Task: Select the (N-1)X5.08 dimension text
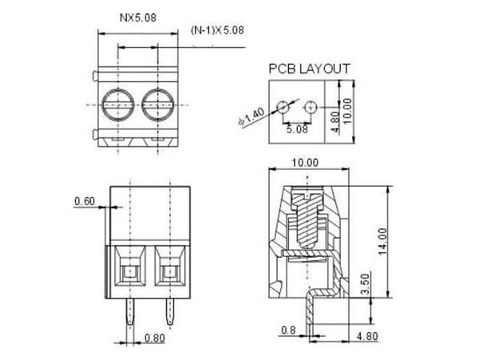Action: pyautogui.click(x=218, y=30)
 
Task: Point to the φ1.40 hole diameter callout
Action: pyautogui.click(x=251, y=117)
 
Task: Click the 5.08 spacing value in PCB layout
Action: pyautogui.click(x=297, y=128)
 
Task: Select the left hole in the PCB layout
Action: pyautogui.click(x=282, y=107)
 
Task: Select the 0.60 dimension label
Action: pyautogui.click(x=85, y=201)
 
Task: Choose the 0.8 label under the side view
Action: pyautogui.click(x=287, y=329)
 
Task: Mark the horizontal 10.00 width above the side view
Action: pyautogui.click(x=306, y=162)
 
